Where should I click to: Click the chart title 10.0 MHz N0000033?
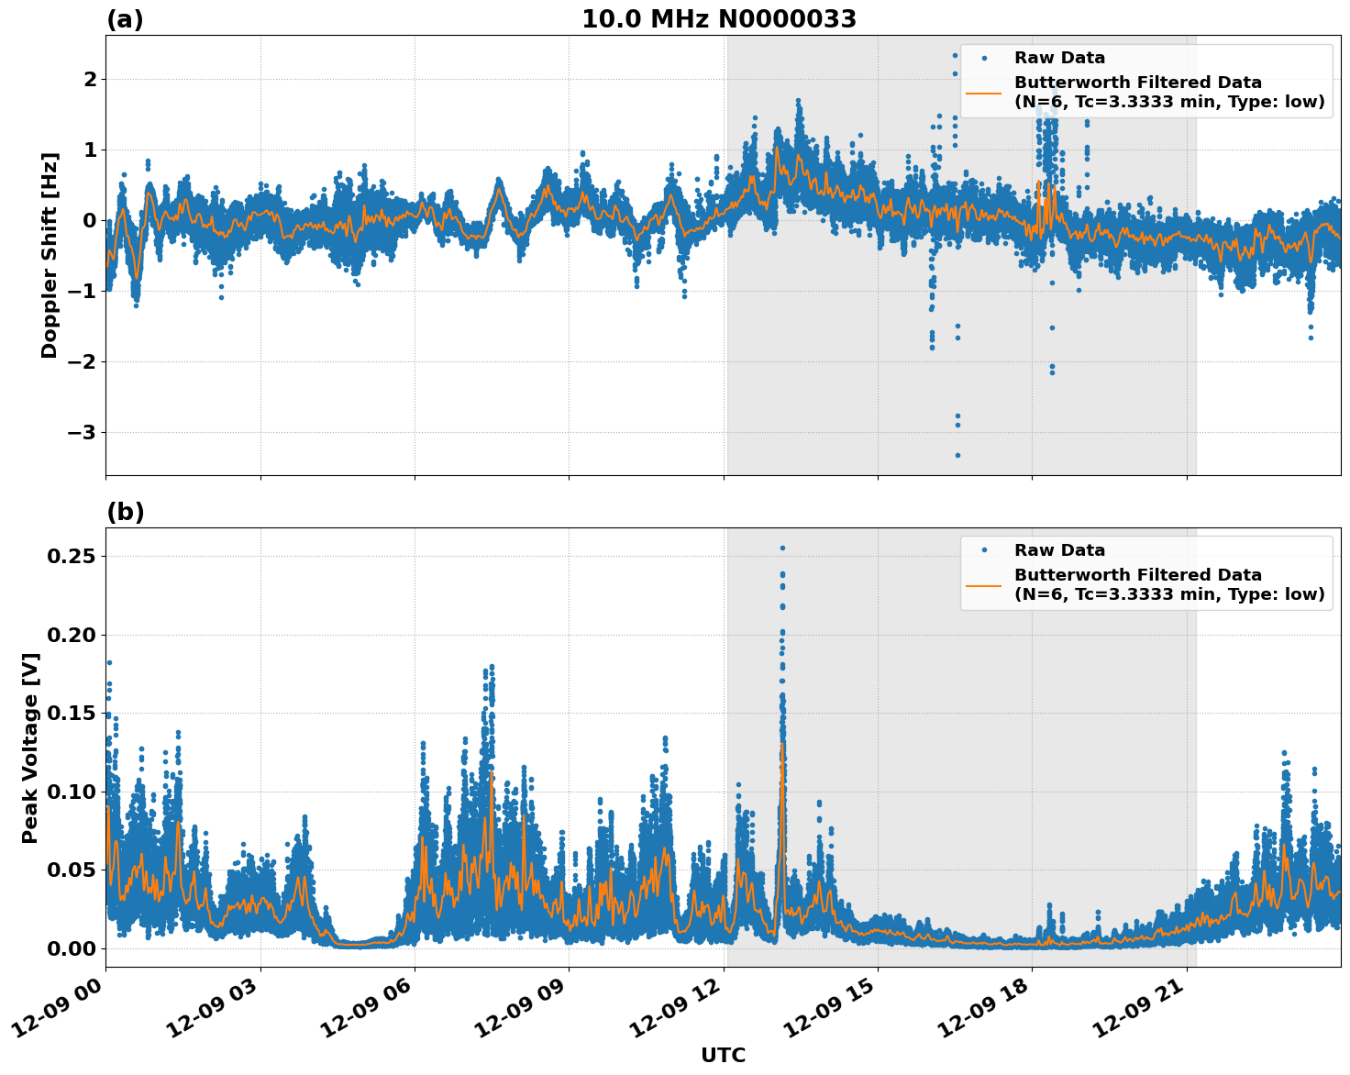click(x=719, y=19)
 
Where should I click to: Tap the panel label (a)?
click(x=125, y=19)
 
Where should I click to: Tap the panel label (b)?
click(x=125, y=512)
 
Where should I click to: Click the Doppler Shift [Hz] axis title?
click(x=50, y=255)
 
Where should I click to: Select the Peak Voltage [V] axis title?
click(x=30, y=748)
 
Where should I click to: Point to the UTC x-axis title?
click(x=723, y=1055)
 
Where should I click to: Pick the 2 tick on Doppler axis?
click(x=90, y=80)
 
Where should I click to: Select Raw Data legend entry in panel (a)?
click(x=1059, y=58)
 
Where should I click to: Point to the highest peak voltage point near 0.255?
click(x=782, y=548)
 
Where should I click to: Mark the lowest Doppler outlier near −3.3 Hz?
click(x=957, y=455)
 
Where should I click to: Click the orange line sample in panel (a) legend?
click(x=983, y=92)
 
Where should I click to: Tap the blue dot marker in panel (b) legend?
click(x=983, y=550)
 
